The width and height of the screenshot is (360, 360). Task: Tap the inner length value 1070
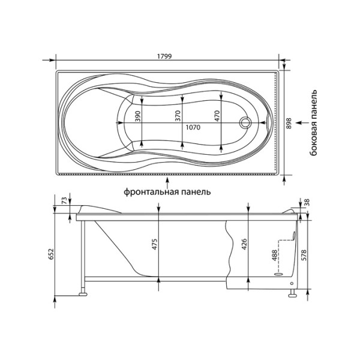click(x=193, y=127)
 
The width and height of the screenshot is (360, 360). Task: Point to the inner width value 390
click(x=137, y=117)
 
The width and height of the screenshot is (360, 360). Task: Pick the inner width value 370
click(x=178, y=117)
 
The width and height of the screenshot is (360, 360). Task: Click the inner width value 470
click(x=217, y=117)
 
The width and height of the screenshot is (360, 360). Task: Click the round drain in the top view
click(x=245, y=124)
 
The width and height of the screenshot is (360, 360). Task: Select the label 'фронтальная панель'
click(x=167, y=193)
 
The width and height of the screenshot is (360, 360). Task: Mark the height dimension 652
click(x=51, y=253)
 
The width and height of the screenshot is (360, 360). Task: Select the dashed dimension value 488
click(x=275, y=254)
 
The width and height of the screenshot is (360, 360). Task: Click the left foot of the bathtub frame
click(x=82, y=293)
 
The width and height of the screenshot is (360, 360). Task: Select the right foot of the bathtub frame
click(x=292, y=293)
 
